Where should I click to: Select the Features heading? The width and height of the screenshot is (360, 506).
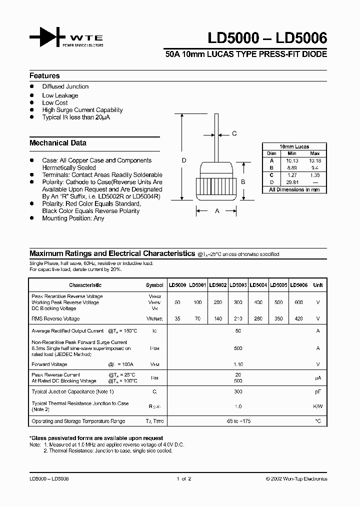point(44,76)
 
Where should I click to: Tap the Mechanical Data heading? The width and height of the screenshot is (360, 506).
point(58,143)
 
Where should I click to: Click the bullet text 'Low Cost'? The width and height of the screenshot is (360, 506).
point(55,103)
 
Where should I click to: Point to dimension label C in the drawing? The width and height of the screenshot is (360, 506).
point(234,133)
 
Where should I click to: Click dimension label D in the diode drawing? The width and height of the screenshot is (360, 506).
point(184,160)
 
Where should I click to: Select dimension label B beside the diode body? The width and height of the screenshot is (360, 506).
point(243,182)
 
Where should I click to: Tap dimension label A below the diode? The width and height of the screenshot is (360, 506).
point(217,211)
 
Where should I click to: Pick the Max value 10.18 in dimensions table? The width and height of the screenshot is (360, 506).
point(315,161)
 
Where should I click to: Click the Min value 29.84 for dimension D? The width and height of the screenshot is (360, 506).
point(292,183)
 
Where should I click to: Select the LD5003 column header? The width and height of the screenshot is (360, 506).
point(238,285)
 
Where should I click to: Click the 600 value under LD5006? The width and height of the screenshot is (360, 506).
point(299,303)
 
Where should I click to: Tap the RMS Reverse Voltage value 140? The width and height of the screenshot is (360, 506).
point(217,319)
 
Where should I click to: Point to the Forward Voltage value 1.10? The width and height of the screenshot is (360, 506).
point(238,365)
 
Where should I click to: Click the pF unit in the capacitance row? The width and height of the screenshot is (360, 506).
point(317,391)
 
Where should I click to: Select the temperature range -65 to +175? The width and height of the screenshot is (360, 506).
point(238,421)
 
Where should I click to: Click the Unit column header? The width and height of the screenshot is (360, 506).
point(317,285)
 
